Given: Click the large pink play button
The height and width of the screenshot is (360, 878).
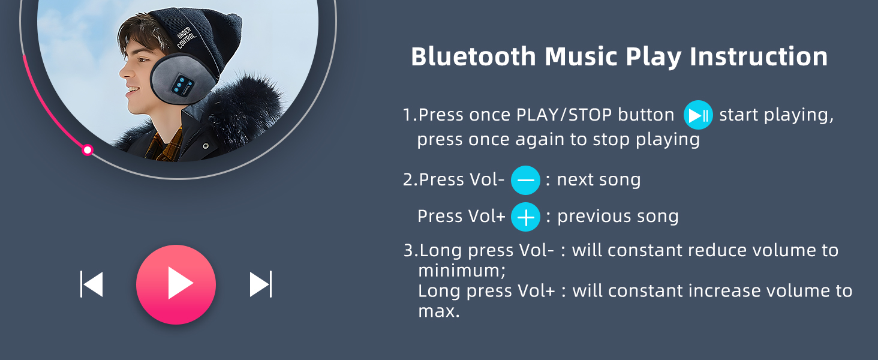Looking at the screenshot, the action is coord(176,284).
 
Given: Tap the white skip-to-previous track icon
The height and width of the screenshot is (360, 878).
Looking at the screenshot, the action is coord(92,284).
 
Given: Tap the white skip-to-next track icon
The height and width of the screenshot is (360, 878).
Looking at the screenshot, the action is coord(261,284).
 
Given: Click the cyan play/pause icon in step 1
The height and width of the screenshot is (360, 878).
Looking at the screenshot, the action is coord(698,115).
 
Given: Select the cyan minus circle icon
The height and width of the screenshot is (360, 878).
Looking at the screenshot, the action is coord(525,181).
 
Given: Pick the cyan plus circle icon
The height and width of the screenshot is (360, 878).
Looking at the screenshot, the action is coord(525,217).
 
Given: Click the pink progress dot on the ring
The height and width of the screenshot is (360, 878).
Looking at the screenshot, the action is coord(88,150).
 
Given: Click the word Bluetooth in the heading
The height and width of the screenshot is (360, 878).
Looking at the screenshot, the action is coord(474,56).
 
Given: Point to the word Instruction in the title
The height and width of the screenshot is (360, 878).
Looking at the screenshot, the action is coord(759,56).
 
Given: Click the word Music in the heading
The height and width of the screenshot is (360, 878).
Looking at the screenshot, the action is coord(581,56).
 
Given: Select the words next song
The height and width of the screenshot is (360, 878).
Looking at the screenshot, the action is coord(599,180).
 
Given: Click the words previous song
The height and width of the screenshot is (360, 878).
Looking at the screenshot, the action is coord(618,217).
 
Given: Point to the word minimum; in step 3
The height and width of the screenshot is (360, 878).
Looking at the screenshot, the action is coord(462,271).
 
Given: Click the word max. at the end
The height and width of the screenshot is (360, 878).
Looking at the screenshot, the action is coord(438,311).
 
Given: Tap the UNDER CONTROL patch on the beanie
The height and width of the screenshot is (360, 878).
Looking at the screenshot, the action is coord(186,37).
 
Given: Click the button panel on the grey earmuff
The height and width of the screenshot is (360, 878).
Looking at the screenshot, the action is coord(183,85).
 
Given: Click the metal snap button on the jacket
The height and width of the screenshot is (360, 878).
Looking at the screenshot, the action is coord(205,146).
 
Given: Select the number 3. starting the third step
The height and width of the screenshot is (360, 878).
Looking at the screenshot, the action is coord(410,250).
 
